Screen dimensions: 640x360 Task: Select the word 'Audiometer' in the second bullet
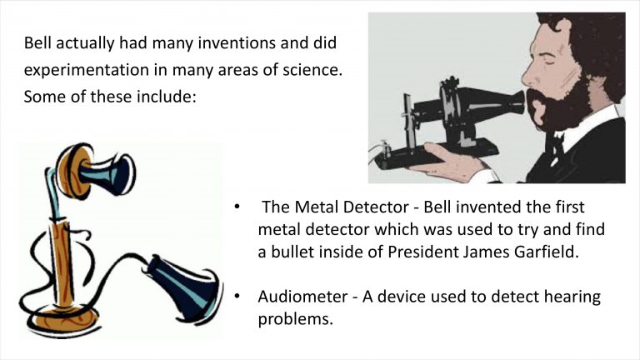pyautogui.click(x=302, y=297)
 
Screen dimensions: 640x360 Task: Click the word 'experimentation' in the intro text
pyautogui.click(x=86, y=70)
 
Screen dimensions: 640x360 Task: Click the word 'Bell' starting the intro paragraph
pyautogui.click(x=37, y=42)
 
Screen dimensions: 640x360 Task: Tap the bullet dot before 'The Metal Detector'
pyautogui.click(x=237, y=207)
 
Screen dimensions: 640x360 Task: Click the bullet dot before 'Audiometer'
pyautogui.click(x=237, y=296)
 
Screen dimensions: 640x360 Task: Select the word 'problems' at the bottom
pyautogui.click(x=296, y=319)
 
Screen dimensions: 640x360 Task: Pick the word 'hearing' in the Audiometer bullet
pyautogui.click(x=572, y=297)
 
